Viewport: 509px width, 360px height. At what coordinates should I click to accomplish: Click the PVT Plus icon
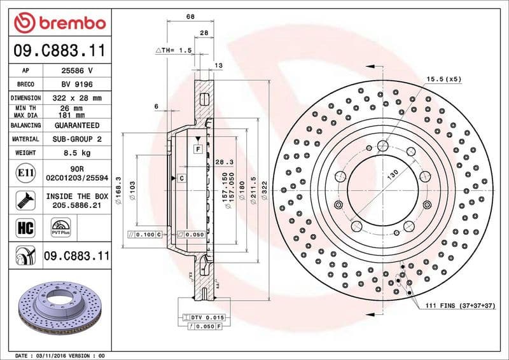click(60, 228)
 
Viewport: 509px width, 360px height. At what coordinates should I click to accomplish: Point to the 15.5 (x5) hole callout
click(444, 79)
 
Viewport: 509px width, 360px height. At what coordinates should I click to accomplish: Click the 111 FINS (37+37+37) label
click(459, 306)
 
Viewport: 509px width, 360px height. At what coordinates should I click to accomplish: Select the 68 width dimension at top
click(190, 17)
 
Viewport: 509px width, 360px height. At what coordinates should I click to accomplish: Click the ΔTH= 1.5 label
click(174, 50)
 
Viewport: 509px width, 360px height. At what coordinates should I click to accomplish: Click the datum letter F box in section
click(199, 148)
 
